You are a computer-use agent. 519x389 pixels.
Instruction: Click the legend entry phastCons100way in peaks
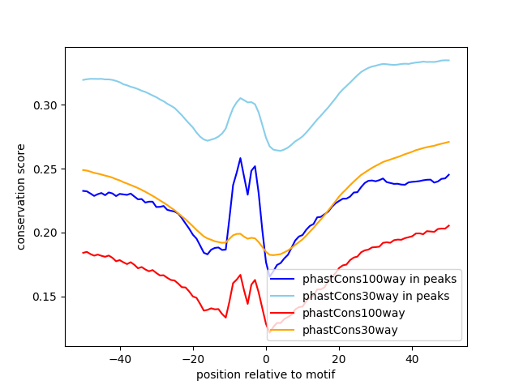point(379,279)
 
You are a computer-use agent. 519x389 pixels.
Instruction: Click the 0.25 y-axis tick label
point(49,169)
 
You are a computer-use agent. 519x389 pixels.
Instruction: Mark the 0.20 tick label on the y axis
point(49,233)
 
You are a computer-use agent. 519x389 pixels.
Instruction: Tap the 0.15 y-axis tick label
point(49,297)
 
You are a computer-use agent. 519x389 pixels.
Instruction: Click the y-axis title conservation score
point(21,197)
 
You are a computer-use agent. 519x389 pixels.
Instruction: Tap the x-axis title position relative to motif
point(266,374)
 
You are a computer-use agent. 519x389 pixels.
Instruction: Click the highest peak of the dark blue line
point(240,158)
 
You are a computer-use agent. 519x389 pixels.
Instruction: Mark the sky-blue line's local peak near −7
point(240,98)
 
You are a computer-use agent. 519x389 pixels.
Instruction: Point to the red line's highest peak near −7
point(240,275)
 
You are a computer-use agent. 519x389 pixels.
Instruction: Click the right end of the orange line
point(448,142)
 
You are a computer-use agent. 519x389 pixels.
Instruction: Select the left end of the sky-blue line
point(83,79)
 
